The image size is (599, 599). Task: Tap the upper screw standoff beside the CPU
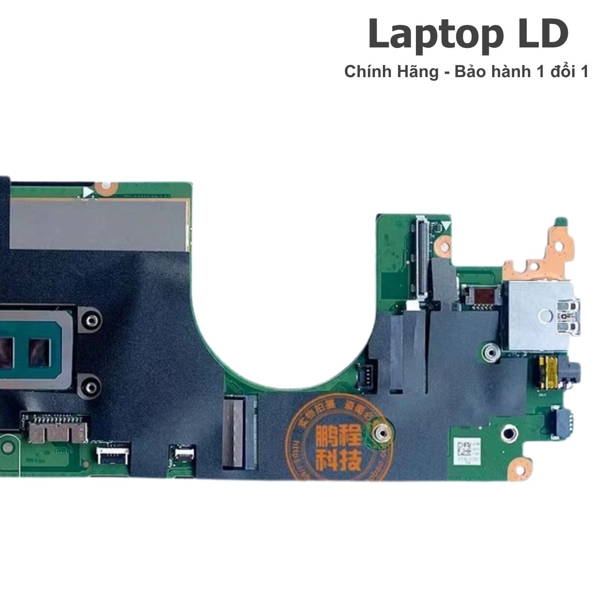pyautogui.click(x=91, y=319)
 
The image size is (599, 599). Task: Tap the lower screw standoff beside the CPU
pyautogui.click(x=90, y=385)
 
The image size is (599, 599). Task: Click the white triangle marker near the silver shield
pyautogui.click(x=88, y=192)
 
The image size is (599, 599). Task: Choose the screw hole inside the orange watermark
pyautogui.click(x=379, y=434)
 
